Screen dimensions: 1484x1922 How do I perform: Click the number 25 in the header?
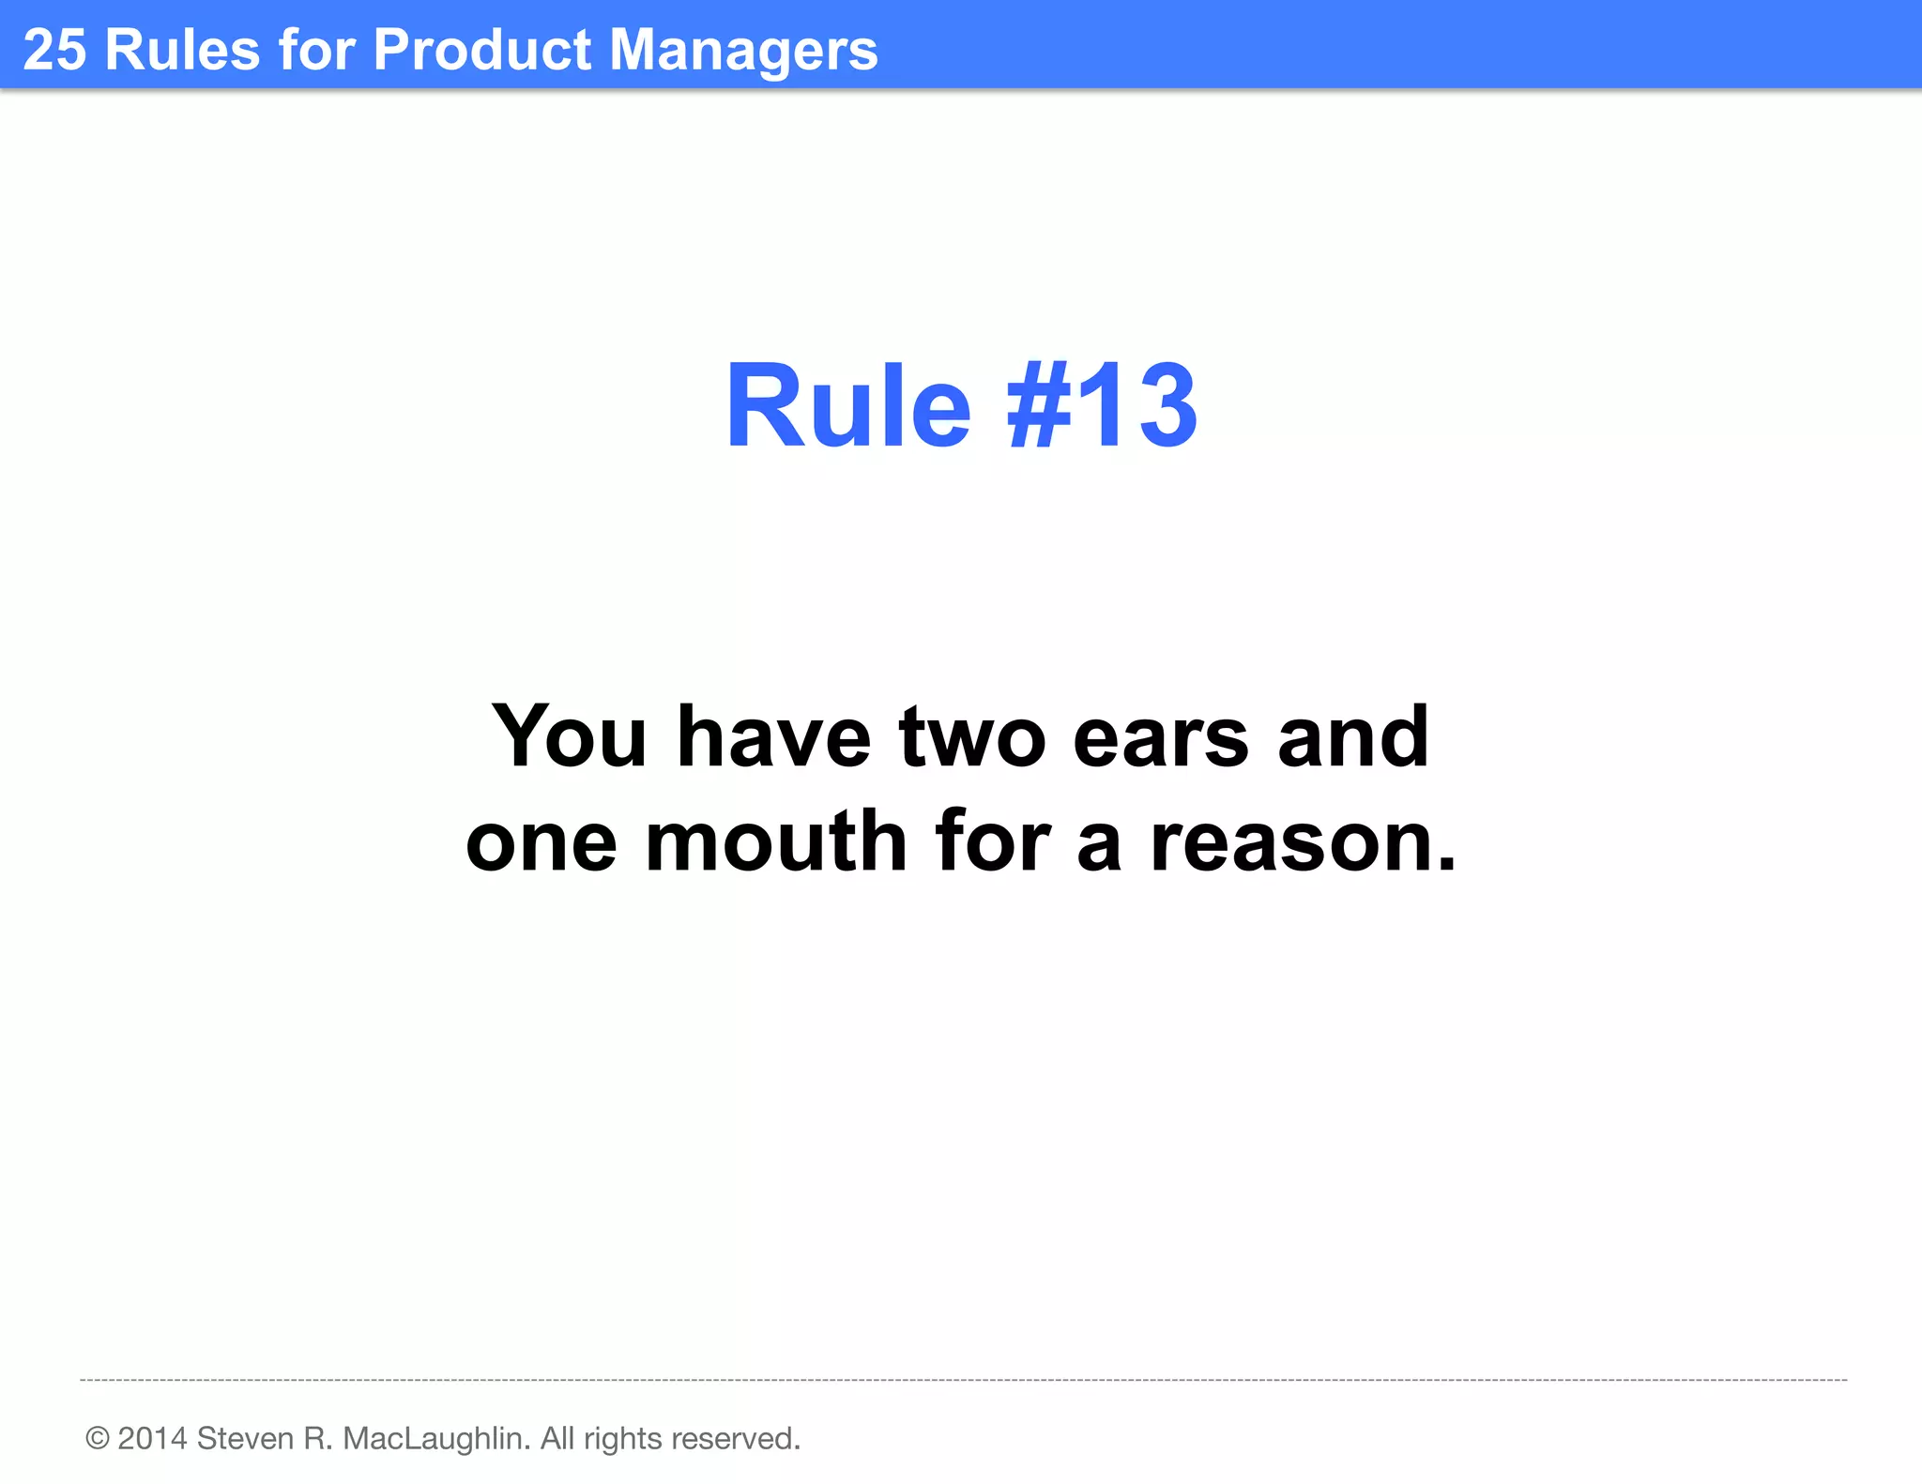pos(54,50)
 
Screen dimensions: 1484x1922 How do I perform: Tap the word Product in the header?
pos(482,50)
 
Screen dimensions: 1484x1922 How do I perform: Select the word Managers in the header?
pos(743,52)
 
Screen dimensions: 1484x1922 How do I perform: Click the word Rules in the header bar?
pos(182,50)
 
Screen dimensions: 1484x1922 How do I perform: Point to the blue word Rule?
pos(847,406)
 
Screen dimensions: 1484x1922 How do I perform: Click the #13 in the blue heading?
pos(1102,406)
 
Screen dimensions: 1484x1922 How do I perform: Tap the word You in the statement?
pos(570,737)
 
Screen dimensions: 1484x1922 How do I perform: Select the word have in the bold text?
pos(773,737)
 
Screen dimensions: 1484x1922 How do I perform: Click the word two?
pos(972,737)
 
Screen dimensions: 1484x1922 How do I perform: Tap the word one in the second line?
pos(542,843)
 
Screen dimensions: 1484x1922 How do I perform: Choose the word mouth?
pos(776,841)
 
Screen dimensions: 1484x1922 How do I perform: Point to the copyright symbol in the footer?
pos(97,1438)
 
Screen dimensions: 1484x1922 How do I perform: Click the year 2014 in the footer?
pos(152,1438)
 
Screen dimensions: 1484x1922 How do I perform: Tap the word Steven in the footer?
pos(245,1438)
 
